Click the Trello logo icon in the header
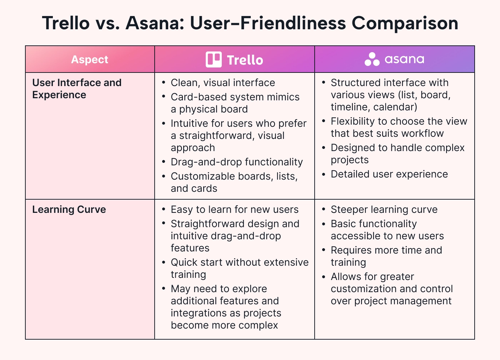[214, 60]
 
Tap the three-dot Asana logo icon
[372, 60]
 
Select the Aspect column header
[90, 60]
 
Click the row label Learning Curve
[69, 210]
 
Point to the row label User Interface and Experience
[77, 89]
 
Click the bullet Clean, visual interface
[223, 83]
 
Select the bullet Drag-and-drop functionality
[236, 162]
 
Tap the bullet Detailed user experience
[389, 174]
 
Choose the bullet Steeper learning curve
[384, 210]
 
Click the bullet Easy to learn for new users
[234, 210]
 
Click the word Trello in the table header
[245, 60]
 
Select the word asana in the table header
[404, 60]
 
